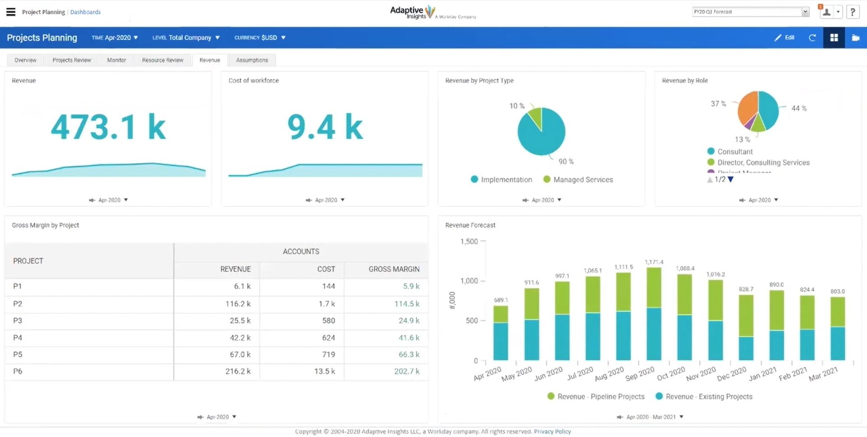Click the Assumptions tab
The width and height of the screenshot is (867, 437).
[x=252, y=60]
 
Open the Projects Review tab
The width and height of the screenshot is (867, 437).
[x=72, y=60]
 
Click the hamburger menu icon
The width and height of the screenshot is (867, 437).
[x=10, y=12]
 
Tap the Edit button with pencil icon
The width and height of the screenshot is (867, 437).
[x=784, y=38]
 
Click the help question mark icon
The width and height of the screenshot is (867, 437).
[x=853, y=12]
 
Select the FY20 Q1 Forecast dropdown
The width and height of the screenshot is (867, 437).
[x=750, y=12]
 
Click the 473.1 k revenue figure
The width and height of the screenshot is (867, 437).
[x=108, y=127]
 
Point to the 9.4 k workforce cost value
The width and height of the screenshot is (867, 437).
[x=325, y=127]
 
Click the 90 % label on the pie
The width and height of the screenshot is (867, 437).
[x=566, y=161]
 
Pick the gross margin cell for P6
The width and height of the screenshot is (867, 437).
[x=406, y=371]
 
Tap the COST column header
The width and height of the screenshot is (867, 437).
[x=326, y=269]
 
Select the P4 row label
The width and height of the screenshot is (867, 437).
[x=18, y=337]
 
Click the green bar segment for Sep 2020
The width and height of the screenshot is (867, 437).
[x=654, y=288]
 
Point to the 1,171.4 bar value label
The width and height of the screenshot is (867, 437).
[x=654, y=262]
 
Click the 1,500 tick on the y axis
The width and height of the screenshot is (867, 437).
[x=469, y=241]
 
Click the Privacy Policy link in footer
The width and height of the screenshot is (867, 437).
[x=552, y=432]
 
